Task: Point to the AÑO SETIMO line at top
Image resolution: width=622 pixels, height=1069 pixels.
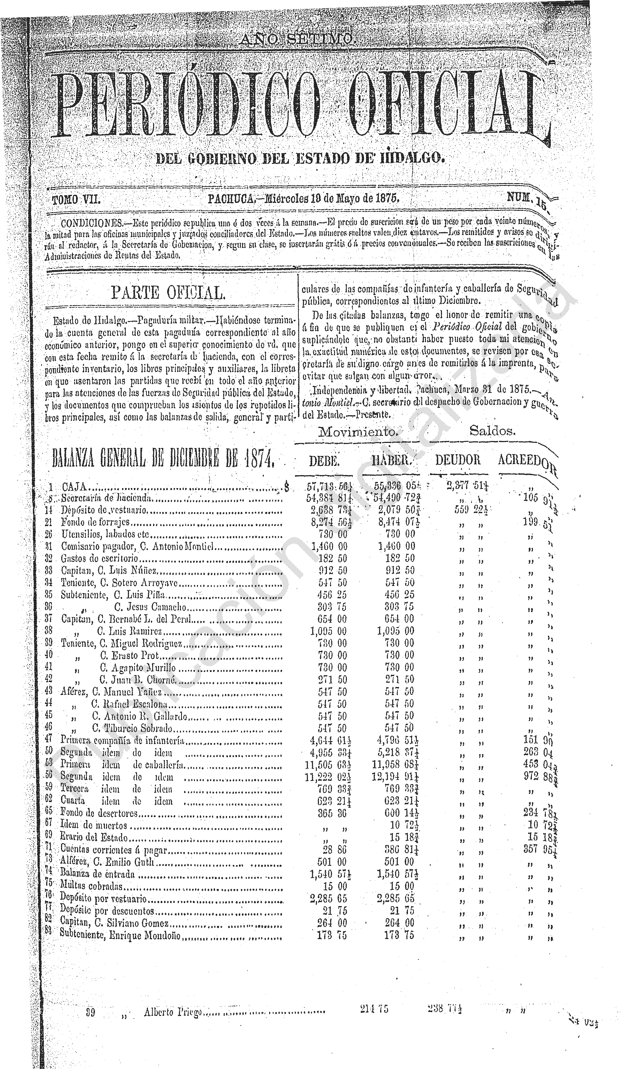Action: coord(296,40)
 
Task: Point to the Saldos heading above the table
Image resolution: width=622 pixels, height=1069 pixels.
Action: coord(492,431)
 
